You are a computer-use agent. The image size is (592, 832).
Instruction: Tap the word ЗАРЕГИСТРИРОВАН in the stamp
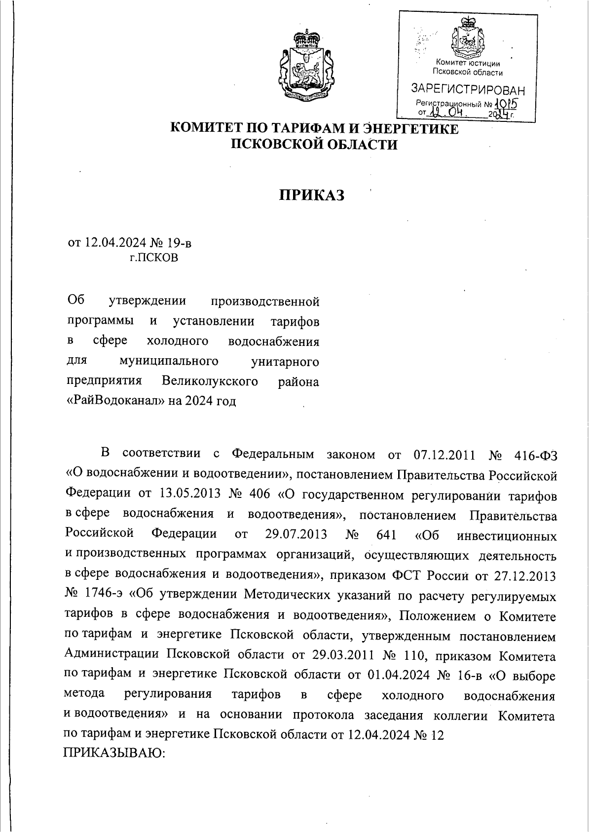coord(468,90)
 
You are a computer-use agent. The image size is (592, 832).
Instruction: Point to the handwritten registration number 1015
coord(506,104)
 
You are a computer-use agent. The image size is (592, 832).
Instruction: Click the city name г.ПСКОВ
coord(153,258)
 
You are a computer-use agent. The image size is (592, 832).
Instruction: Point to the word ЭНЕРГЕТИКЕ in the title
coord(410,129)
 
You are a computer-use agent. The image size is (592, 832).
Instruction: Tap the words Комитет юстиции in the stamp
coord(468,63)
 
